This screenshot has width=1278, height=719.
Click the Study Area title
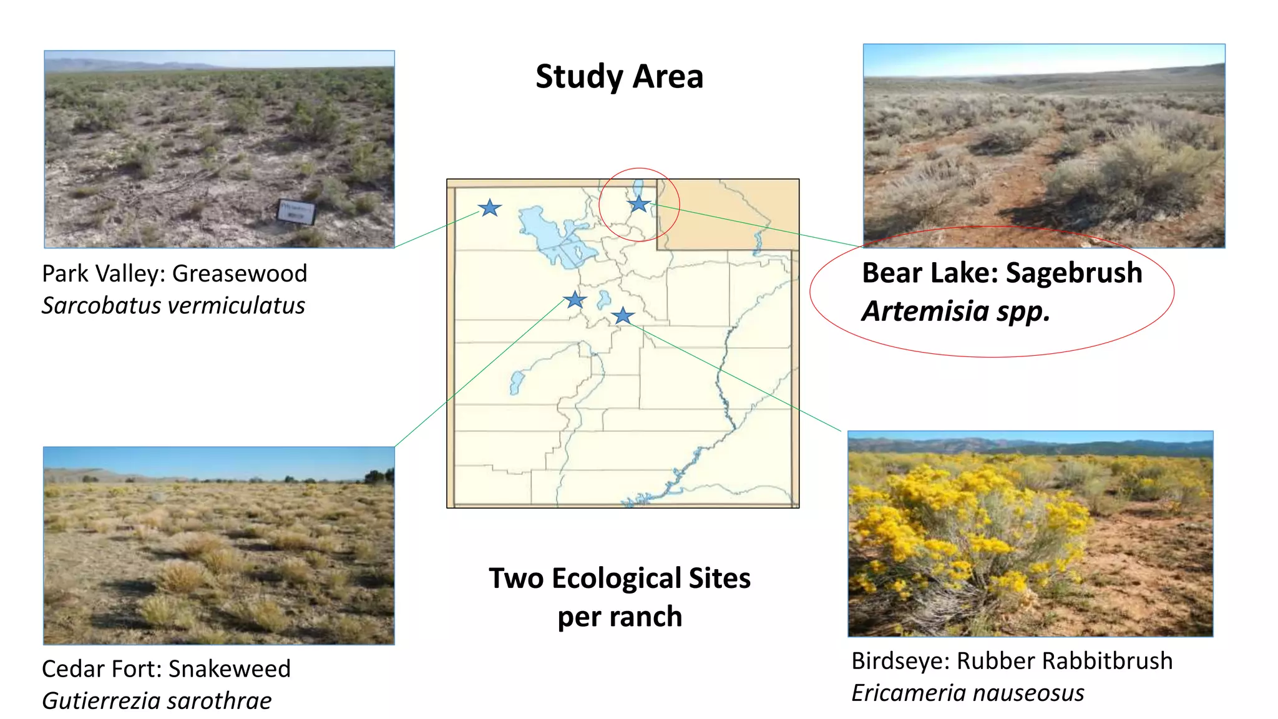point(619,77)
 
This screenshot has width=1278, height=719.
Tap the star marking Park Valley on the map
point(490,208)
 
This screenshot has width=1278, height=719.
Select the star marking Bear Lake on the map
point(639,203)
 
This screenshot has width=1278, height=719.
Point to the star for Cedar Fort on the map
point(575,300)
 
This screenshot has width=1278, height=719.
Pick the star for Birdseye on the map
point(623,316)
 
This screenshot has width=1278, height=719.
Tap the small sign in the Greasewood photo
point(296,211)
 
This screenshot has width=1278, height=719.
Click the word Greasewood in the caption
point(240,273)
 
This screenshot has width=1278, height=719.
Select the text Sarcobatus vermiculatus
point(173,306)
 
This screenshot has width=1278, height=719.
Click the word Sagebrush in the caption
point(1074,273)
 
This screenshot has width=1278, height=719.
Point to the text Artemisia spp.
point(955,311)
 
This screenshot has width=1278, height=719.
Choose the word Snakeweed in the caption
point(230,669)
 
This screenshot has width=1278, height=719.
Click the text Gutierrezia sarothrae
point(157,701)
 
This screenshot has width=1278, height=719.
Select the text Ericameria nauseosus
point(968,693)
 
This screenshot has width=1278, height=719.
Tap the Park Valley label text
point(103,273)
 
